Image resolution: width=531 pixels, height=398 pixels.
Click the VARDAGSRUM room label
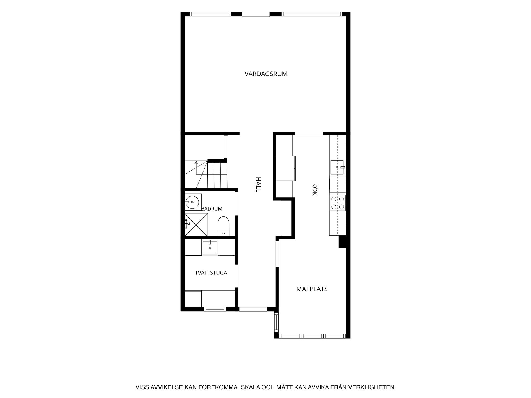coord(266,74)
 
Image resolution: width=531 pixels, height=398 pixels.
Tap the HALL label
coord(258,185)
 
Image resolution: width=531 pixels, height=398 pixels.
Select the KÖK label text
coord(314,189)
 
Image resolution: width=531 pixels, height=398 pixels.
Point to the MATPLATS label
coord(312,289)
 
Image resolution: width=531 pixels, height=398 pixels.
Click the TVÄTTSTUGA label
coord(211,273)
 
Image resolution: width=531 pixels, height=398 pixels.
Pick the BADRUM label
coord(212,209)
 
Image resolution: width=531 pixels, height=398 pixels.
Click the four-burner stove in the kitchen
coord(338,203)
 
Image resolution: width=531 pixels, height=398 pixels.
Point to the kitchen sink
coord(337,167)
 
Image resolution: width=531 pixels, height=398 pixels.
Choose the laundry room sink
coord(210,247)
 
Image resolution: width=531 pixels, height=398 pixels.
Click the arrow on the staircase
coord(196,167)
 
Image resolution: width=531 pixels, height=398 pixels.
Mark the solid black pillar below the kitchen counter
coord(342,242)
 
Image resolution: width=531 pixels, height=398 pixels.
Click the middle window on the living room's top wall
coord(256,14)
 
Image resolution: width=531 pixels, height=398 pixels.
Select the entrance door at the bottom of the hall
coord(253,309)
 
